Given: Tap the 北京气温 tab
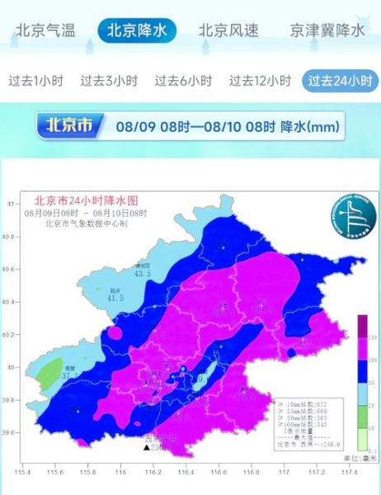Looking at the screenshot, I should (45, 31).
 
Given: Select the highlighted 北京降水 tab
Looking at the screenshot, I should (136, 31).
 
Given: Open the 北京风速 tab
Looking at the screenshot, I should (228, 31).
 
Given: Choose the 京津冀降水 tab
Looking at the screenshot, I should (327, 31).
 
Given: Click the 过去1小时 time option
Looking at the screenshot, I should (35, 81).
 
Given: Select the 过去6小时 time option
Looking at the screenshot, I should (183, 81).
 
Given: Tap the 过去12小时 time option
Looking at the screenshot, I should (260, 81).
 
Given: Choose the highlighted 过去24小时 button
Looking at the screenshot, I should (340, 81).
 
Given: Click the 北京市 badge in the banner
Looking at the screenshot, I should (72, 126).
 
